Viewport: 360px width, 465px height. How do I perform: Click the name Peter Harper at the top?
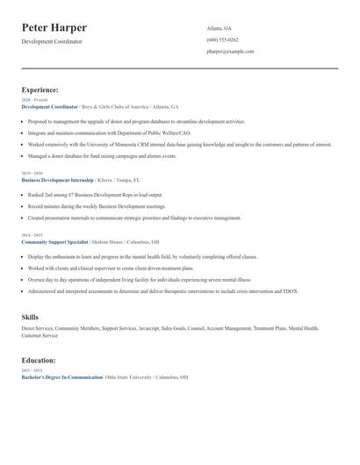(x=54, y=28)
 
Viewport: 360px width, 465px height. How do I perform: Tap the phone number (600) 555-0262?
(x=222, y=39)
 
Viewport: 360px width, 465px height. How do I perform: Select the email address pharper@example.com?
(x=230, y=51)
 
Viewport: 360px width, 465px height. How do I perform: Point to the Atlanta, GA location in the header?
(x=220, y=28)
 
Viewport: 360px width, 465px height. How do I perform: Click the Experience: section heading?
(x=40, y=89)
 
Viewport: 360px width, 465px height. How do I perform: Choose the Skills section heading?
(x=30, y=316)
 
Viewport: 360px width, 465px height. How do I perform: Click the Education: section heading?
(x=39, y=360)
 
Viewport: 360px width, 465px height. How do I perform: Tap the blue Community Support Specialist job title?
(x=54, y=240)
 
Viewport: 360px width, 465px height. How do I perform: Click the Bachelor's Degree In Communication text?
(x=62, y=376)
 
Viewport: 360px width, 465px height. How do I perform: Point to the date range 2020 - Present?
(x=32, y=100)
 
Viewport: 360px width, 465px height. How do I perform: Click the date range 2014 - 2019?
(x=31, y=234)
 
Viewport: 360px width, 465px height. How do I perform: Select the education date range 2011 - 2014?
(x=31, y=370)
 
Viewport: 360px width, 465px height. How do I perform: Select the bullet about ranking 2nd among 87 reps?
(x=95, y=195)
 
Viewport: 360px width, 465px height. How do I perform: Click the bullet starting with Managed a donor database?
(x=102, y=155)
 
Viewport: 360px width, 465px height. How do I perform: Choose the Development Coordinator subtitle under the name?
(x=52, y=41)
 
